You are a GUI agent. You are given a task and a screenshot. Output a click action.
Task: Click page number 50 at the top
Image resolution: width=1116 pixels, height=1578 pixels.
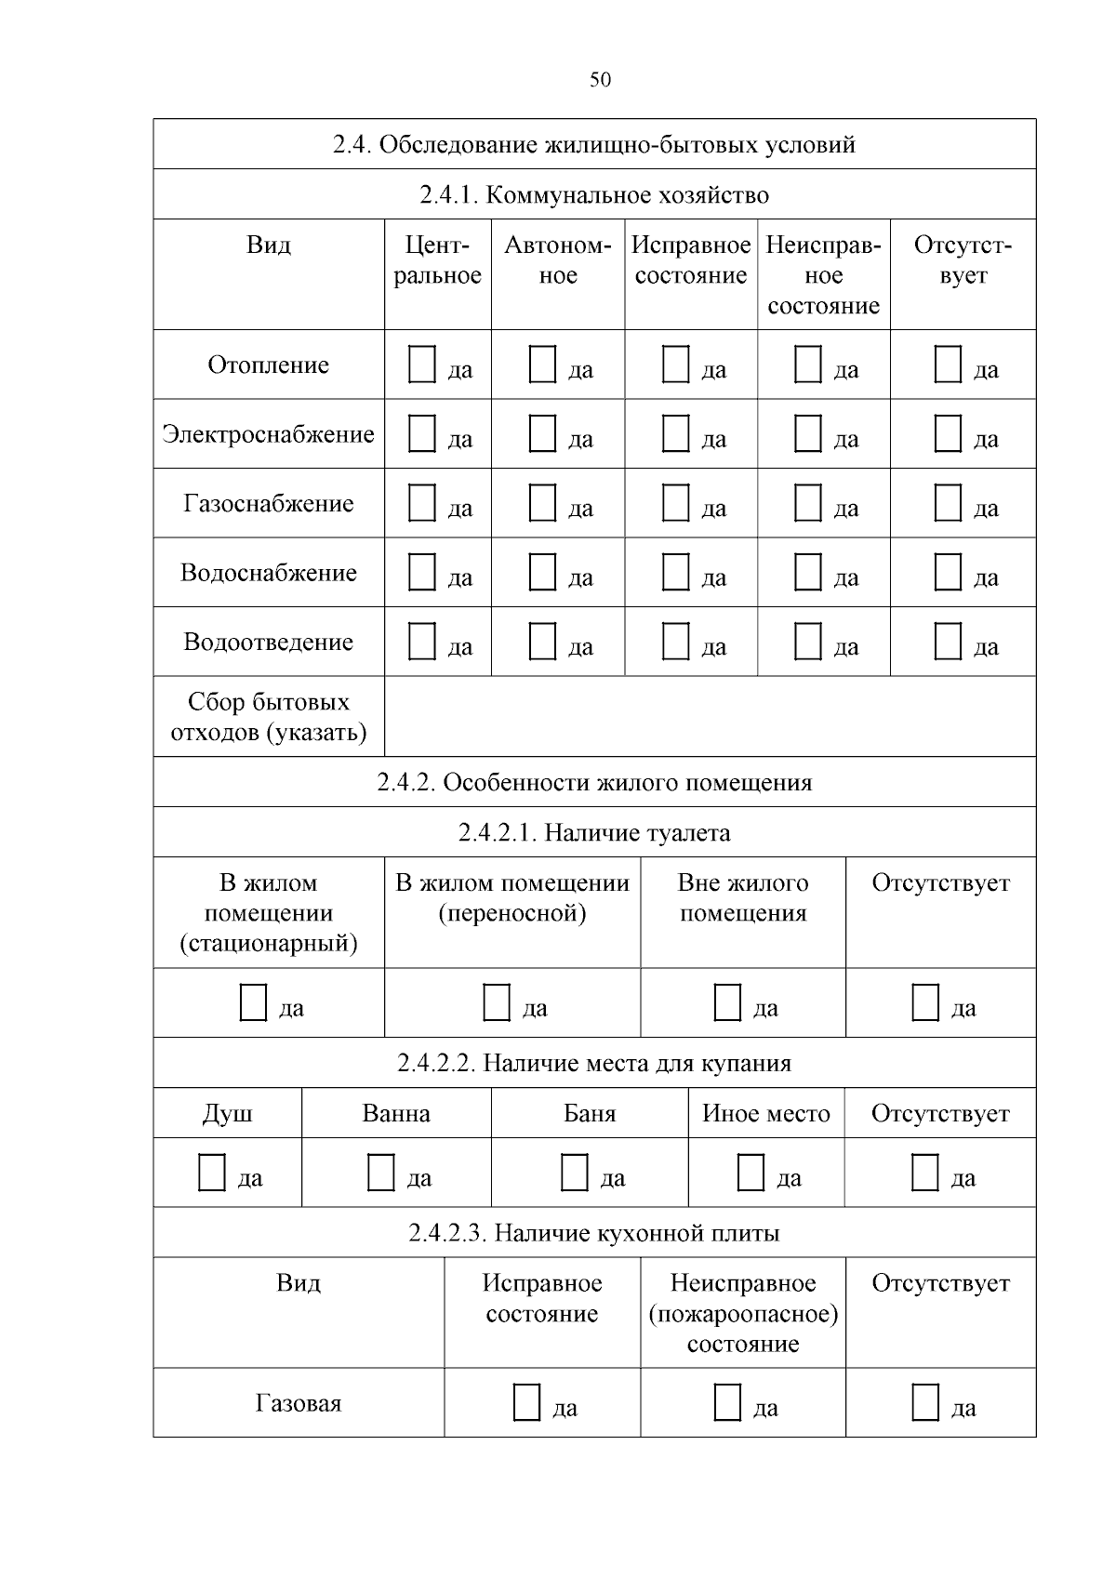tap(600, 80)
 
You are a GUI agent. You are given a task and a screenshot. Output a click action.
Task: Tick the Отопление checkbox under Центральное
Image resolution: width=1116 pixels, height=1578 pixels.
tap(422, 365)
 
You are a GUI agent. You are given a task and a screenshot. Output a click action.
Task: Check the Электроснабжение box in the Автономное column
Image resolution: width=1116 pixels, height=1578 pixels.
tap(542, 433)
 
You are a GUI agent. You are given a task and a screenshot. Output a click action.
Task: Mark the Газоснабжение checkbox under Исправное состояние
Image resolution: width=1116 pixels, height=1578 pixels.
tap(675, 503)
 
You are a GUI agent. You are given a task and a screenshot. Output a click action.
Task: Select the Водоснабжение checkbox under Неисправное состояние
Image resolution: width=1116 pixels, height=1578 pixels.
tap(808, 572)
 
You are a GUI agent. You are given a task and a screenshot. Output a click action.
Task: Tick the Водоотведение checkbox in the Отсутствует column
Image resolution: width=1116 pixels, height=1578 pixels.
tap(948, 642)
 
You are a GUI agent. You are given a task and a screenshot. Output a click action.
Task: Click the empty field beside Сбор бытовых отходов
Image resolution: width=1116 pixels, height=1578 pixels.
tap(710, 716)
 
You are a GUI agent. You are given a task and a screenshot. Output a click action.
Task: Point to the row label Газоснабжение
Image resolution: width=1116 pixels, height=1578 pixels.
tap(269, 503)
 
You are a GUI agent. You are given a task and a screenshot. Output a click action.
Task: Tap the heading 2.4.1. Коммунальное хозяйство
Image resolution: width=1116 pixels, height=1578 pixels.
tap(594, 195)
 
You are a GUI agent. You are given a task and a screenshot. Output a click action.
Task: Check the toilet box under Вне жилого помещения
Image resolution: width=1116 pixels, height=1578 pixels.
tap(727, 1002)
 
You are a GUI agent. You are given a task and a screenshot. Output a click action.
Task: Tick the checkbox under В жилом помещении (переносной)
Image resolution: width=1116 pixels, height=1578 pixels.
tap(497, 1002)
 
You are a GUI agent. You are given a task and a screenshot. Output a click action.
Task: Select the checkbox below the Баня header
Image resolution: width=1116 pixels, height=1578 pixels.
tap(575, 1173)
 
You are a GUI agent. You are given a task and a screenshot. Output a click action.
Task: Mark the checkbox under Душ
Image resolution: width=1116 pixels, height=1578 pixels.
tap(212, 1173)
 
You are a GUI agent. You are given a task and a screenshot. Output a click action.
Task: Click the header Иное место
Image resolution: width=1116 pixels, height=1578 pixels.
tap(765, 1113)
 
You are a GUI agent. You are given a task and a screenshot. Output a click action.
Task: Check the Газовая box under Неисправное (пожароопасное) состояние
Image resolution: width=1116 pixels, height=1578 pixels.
tap(727, 1402)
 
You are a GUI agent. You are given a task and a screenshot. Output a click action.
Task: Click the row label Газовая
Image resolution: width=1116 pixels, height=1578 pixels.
tap(299, 1403)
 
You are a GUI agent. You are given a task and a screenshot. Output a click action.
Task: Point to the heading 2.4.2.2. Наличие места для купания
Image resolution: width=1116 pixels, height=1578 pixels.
tap(594, 1063)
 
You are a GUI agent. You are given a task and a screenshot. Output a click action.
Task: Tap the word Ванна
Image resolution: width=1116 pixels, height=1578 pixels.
tap(396, 1113)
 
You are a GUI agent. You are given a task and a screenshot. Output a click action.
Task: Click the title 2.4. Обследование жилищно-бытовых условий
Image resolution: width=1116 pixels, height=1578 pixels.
tap(594, 145)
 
